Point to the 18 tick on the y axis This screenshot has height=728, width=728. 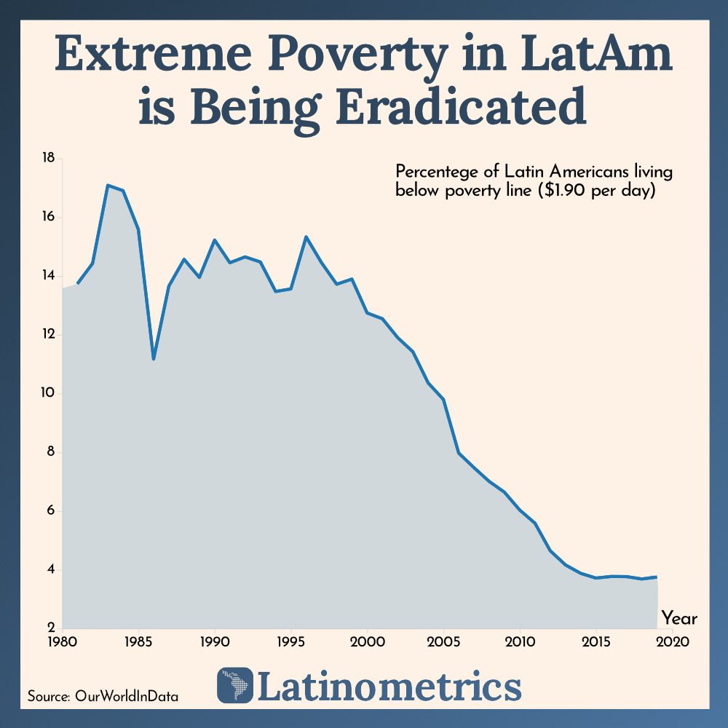(x=50, y=158)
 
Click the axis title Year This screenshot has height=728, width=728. (x=679, y=619)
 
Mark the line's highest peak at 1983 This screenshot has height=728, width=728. (x=108, y=185)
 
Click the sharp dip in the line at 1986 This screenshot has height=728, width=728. (x=154, y=359)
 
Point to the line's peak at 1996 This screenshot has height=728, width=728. (x=306, y=237)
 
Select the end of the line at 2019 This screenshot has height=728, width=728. (x=657, y=577)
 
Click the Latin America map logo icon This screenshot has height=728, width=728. (x=235, y=685)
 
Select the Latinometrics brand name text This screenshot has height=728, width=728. (x=389, y=686)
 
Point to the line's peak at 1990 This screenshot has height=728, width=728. (x=215, y=240)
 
